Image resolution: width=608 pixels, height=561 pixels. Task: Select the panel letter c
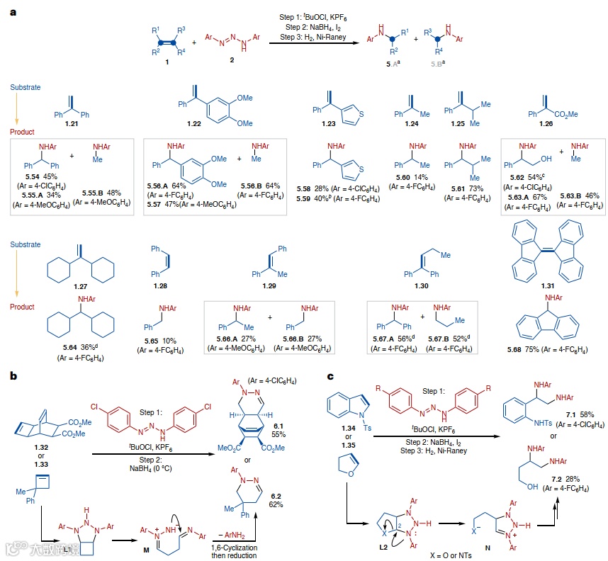331,377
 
